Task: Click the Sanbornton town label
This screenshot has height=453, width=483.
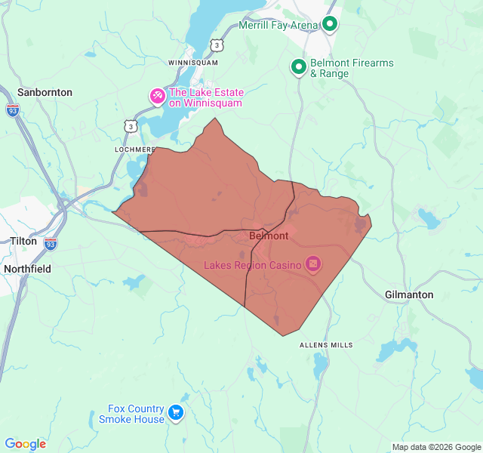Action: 45,92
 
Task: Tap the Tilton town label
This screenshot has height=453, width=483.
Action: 23,241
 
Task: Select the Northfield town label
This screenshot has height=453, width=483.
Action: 27,269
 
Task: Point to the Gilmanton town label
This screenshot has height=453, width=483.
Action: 409,294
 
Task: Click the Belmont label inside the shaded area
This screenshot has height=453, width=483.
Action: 268,236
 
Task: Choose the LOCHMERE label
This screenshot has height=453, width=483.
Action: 134,149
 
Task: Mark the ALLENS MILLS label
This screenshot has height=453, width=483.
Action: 326,345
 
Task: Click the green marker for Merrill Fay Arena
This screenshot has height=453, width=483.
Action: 330,24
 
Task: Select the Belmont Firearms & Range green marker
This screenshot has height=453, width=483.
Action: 299,68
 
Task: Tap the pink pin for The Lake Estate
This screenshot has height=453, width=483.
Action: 156,97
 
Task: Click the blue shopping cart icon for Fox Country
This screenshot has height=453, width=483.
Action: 176,412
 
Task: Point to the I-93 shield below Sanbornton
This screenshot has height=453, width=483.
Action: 13,109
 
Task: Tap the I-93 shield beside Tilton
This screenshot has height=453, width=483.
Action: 51,243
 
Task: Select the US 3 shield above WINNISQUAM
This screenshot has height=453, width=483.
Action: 217,45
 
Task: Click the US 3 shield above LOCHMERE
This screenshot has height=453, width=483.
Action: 131,126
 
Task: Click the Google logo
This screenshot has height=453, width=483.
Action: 25,444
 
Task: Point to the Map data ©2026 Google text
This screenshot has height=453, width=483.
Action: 435,447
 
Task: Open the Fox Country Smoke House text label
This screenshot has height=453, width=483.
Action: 131,414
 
